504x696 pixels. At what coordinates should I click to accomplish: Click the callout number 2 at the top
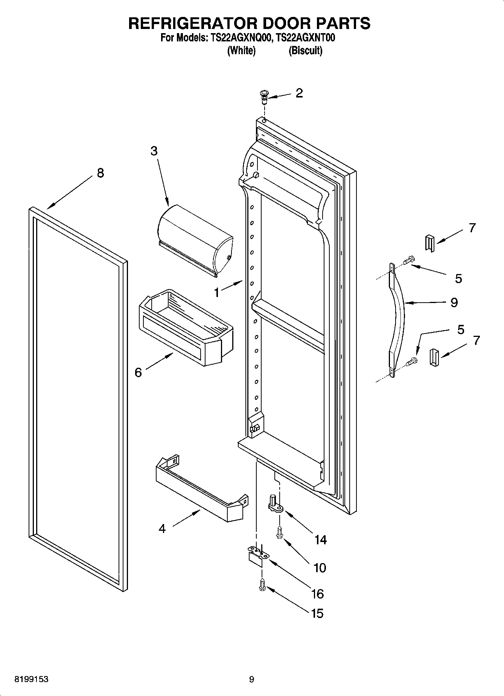[299, 93]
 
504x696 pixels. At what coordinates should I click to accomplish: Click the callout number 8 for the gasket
[100, 173]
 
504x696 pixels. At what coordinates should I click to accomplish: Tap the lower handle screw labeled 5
[412, 361]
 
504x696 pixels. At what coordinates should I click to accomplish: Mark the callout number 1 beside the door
[216, 292]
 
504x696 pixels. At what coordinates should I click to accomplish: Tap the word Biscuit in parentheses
[305, 50]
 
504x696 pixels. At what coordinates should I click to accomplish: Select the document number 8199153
[31, 679]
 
